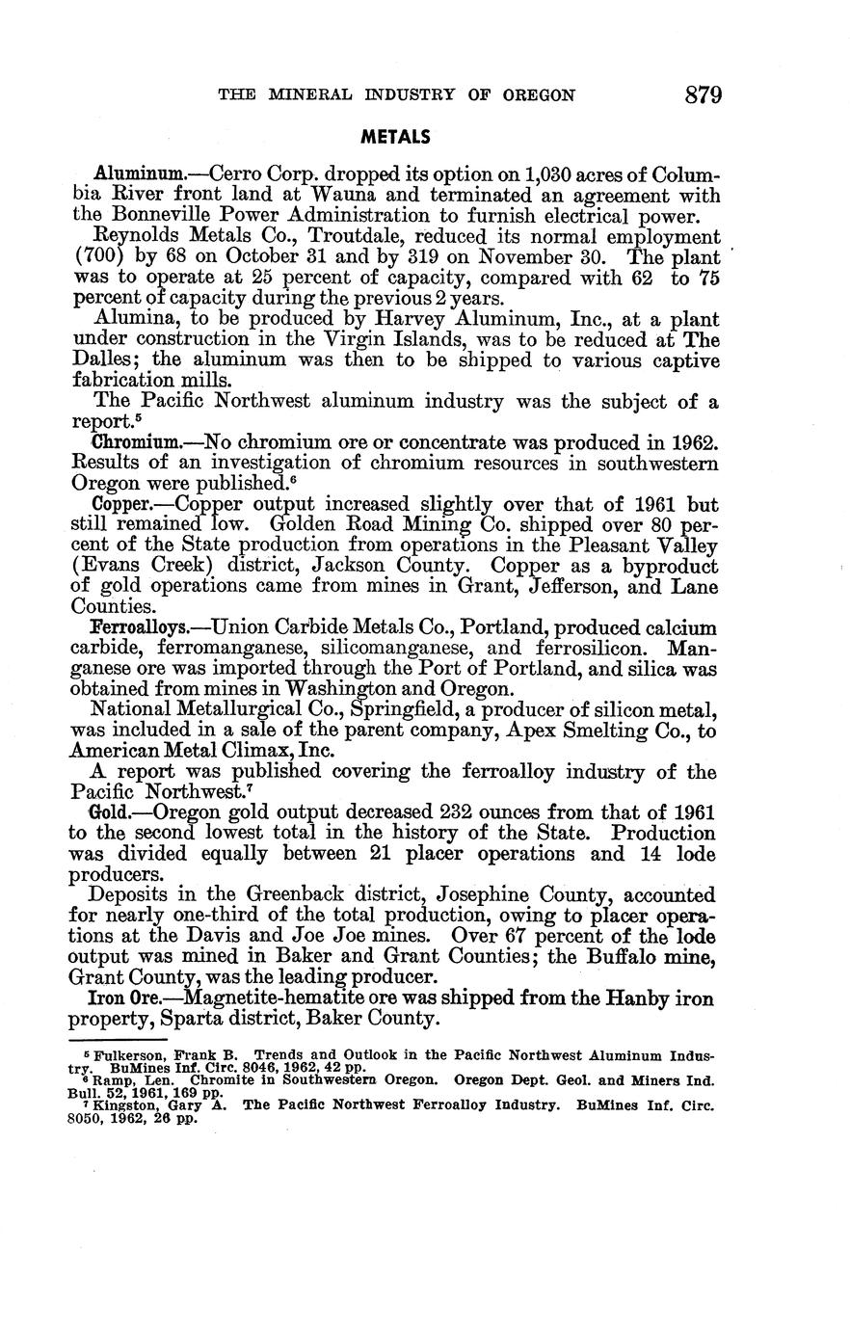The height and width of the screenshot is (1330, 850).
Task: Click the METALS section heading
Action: click(395, 137)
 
